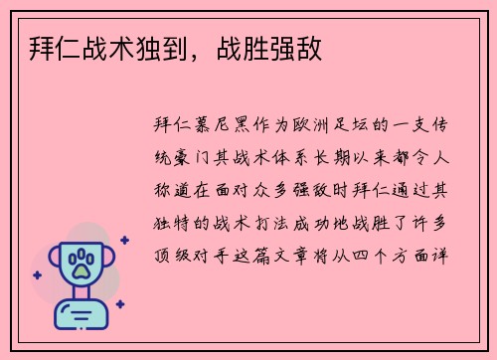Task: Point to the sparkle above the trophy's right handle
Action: click(x=124, y=240)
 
